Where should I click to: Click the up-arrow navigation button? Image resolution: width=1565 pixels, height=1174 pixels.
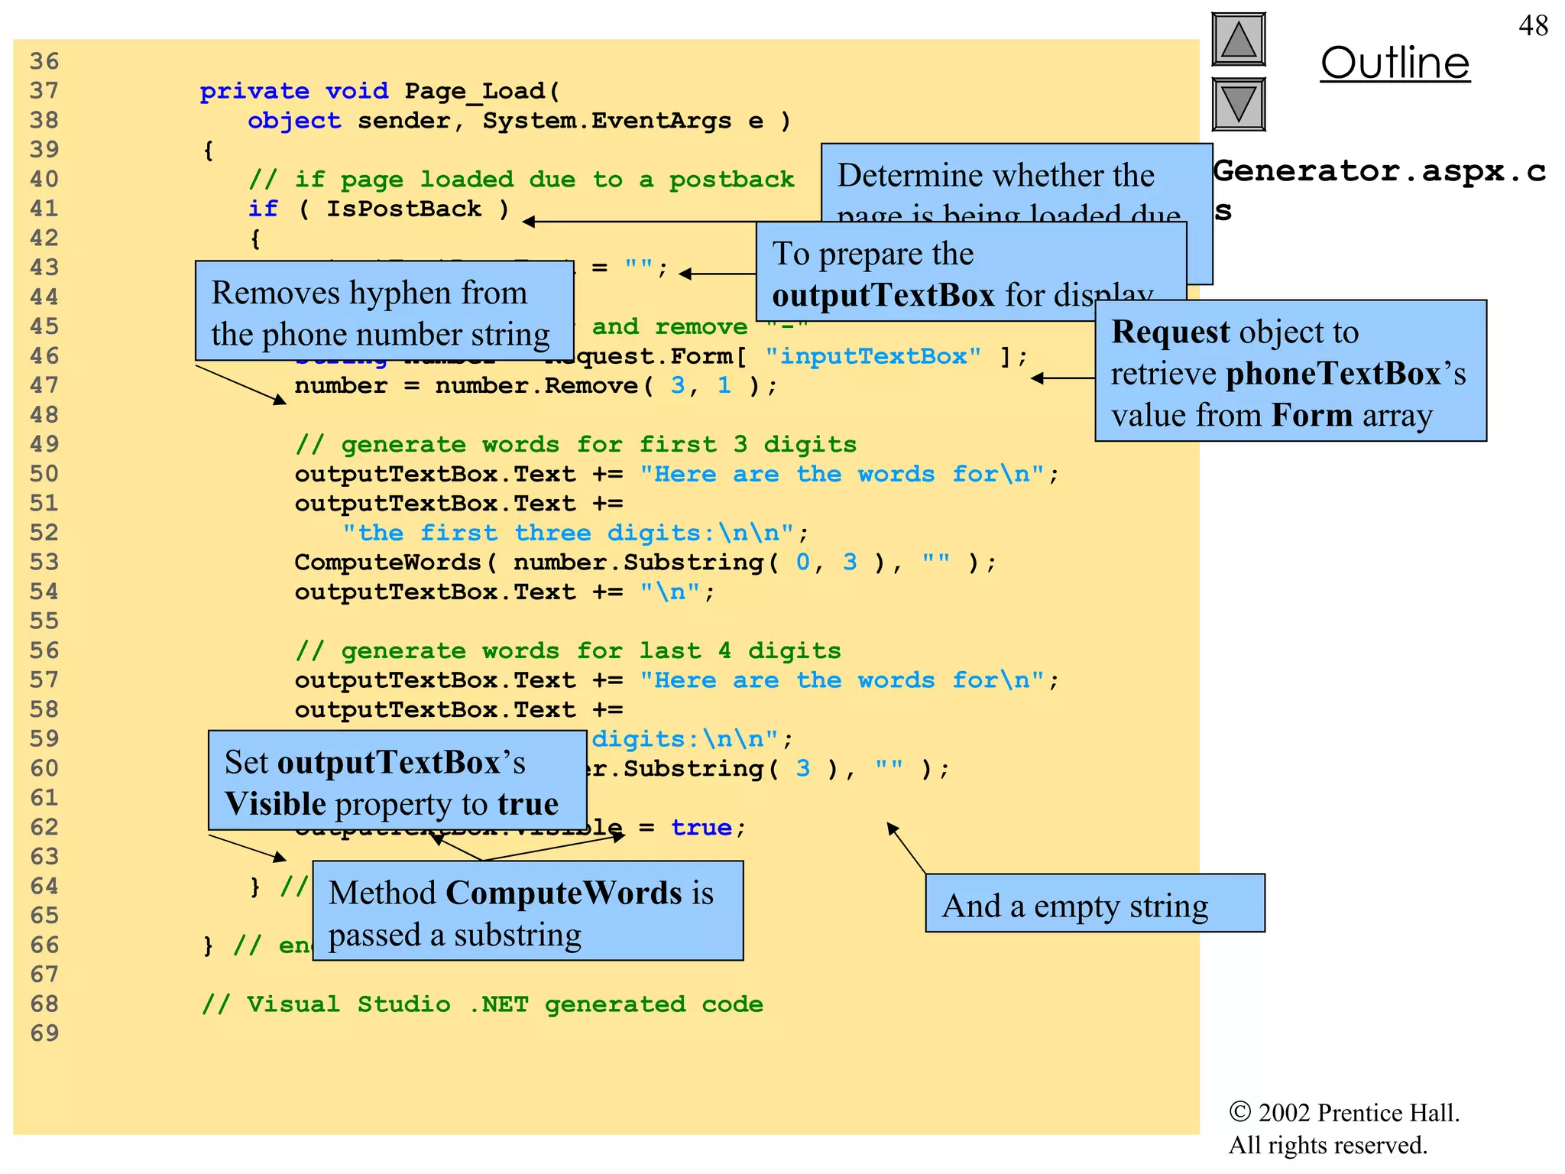[1238, 40]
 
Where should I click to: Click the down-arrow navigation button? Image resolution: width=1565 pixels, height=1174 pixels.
[1238, 104]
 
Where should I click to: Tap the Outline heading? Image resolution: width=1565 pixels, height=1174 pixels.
[1395, 63]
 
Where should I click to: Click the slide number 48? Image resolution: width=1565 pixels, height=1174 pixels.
[1532, 26]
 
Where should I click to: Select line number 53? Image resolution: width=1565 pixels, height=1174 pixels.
[44, 563]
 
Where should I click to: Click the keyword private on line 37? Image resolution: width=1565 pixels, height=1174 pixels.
[254, 92]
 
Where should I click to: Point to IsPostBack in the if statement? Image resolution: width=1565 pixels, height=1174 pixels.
[403, 209]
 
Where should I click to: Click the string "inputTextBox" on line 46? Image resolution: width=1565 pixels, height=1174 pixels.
[873, 356]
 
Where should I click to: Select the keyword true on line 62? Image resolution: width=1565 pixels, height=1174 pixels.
[701, 828]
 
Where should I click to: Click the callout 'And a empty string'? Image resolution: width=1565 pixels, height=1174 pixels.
[1094, 903]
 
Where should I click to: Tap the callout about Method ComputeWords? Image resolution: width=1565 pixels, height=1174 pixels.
[527, 911]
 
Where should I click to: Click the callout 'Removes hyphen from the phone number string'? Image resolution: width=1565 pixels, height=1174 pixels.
[384, 311]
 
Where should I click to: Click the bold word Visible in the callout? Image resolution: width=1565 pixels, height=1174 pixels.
[275, 804]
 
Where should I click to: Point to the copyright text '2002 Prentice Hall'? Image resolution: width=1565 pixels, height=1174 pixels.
[1357, 1113]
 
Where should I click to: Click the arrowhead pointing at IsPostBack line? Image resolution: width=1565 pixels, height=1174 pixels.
[529, 222]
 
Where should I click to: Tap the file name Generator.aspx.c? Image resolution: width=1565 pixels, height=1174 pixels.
[1379, 171]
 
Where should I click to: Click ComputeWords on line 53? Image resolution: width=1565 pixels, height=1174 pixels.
[387, 563]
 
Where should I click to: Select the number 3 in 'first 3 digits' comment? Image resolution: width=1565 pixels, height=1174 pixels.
[740, 445]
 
